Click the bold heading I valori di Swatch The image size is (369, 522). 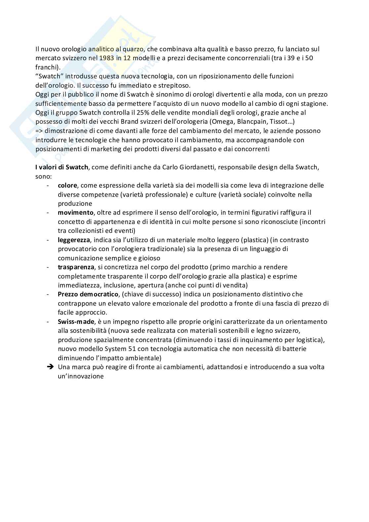(61, 167)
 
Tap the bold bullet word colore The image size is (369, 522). (67, 185)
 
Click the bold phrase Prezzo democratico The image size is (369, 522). (88, 294)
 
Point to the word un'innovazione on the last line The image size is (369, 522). (81, 376)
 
